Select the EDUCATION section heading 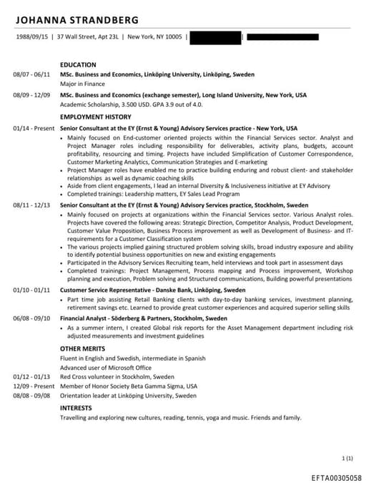pyautogui.click(x=79, y=64)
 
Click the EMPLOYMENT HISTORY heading pyautogui.click(x=96, y=117)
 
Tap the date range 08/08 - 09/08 pyautogui.click(x=31, y=395)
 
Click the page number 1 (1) pyautogui.click(x=348, y=457)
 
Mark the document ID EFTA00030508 pyautogui.click(x=336, y=476)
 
